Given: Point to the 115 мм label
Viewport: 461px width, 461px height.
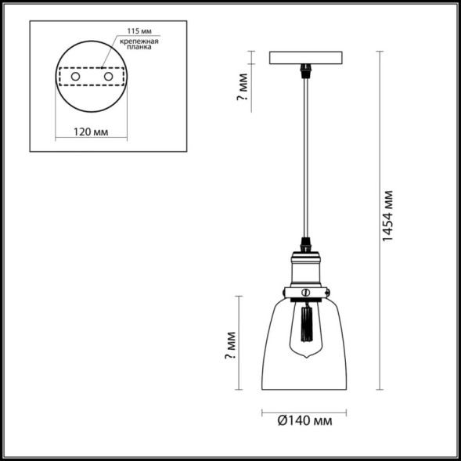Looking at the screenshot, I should [x=135, y=32].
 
